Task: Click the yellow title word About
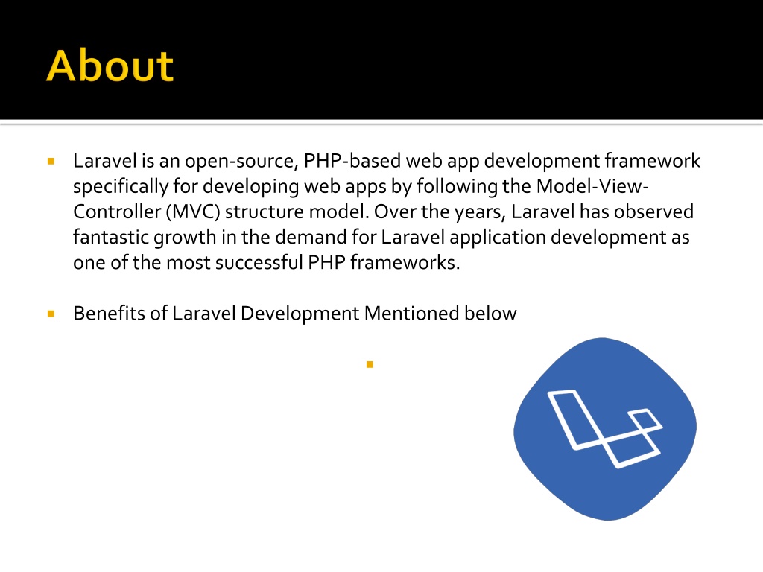(110, 66)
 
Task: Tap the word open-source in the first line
(241, 161)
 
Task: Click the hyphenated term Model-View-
(592, 185)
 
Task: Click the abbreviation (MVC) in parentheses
(193, 212)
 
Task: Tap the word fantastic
(111, 237)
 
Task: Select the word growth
(185, 238)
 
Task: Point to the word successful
(259, 262)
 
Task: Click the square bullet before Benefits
(51, 314)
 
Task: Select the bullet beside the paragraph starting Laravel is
(51, 161)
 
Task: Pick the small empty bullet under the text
(370, 364)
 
